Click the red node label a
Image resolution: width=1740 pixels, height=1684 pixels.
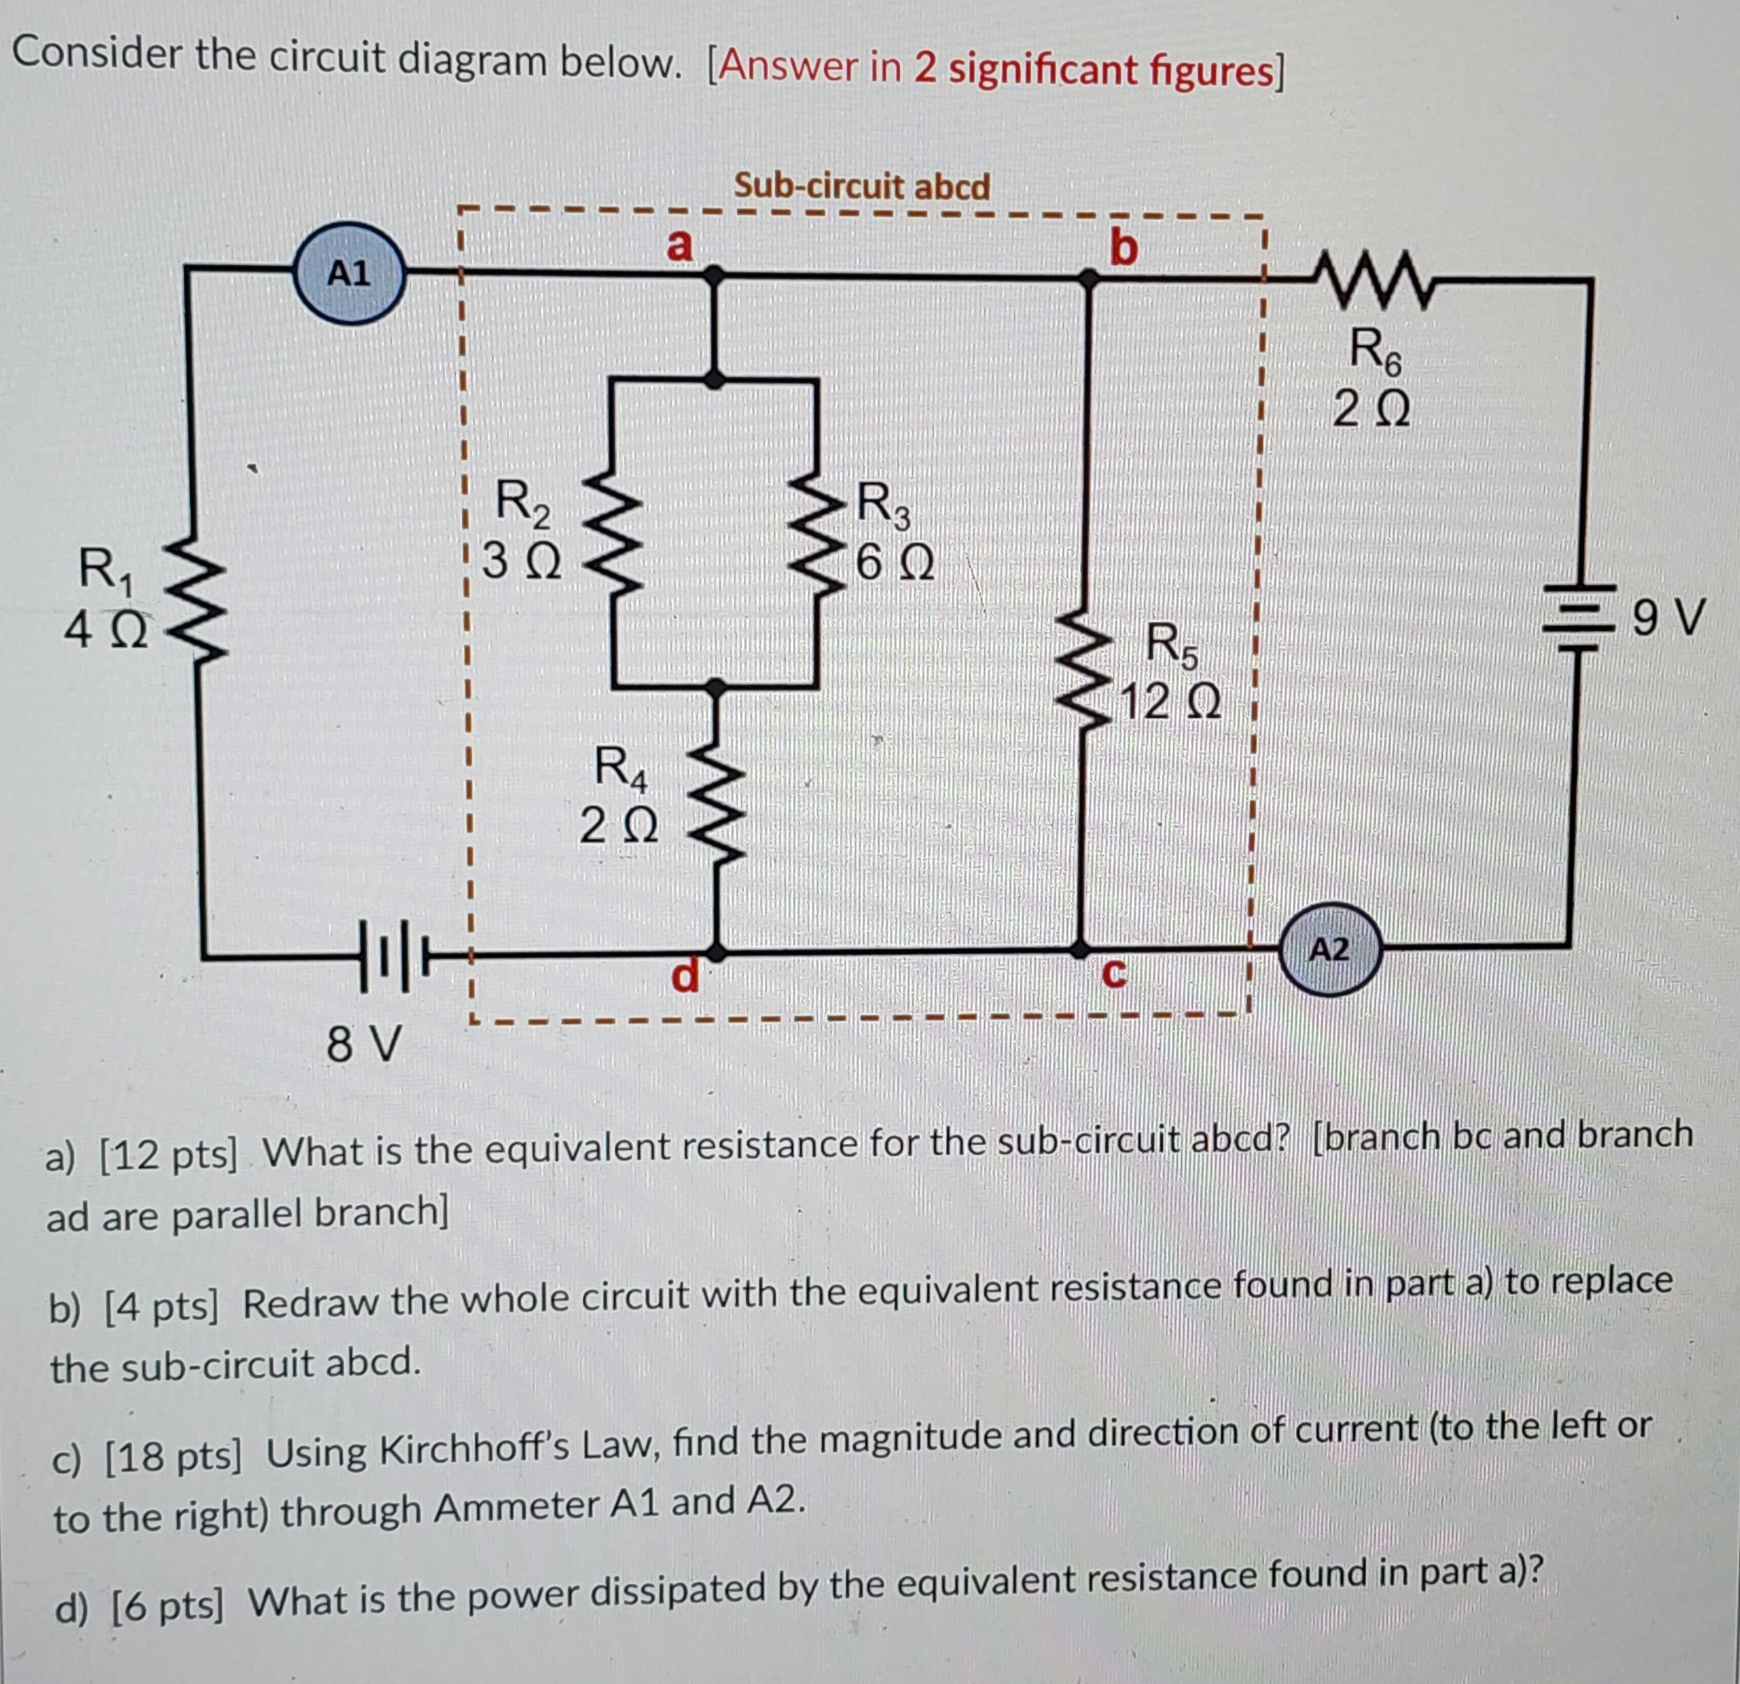click(679, 244)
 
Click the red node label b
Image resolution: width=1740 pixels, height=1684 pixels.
click(1123, 247)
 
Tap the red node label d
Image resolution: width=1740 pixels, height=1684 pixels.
click(684, 975)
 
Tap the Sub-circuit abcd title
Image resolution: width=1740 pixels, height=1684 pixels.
click(861, 186)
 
